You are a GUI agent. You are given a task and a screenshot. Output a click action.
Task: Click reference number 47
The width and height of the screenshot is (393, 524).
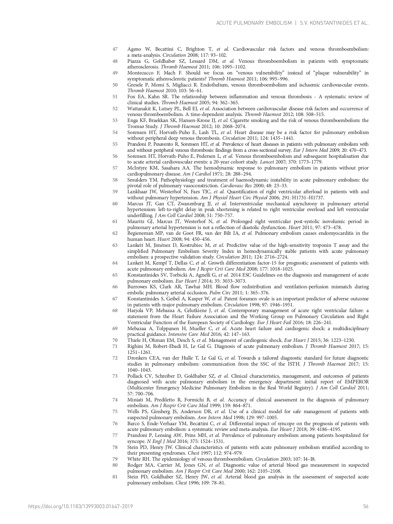(x=115, y=49)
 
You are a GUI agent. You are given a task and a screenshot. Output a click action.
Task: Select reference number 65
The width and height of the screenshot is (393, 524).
(x=115, y=275)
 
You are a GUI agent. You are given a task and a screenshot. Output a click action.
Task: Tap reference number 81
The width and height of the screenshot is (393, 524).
(x=115, y=477)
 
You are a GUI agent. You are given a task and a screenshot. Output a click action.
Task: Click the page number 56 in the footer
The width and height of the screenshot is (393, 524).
(x=366, y=507)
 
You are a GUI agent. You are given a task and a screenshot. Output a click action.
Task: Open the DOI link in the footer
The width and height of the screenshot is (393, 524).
(x=81, y=507)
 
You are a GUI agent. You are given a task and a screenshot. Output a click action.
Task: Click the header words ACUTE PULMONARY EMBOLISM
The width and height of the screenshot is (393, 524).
(x=254, y=23)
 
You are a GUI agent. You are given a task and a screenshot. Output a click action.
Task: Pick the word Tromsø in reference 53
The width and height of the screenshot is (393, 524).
(x=136, y=126)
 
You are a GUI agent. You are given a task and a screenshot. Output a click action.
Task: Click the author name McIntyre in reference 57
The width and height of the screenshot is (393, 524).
(x=137, y=168)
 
